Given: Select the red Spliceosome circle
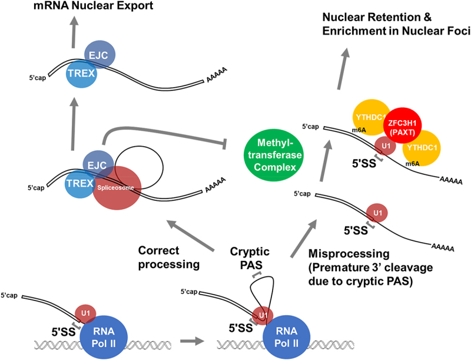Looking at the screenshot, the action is coord(117,188).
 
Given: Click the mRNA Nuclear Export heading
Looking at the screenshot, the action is coord(93,5).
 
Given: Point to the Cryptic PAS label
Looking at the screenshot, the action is coord(250,258).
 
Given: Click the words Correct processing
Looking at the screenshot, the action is coord(169,257).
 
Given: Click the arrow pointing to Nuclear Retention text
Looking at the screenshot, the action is coord(343,68).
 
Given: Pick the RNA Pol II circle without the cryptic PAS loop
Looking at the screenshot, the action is coord(104,336).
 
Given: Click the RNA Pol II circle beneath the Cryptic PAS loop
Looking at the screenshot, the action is coord(286,336).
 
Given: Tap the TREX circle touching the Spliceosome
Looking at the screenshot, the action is coord(80,183).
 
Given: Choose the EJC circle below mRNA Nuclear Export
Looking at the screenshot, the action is coord(99,55).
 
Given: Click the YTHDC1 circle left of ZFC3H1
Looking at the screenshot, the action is coord(372,117).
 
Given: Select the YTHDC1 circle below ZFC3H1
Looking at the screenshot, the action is coord(422,147).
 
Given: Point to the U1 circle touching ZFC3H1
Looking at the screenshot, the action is coord(386,146).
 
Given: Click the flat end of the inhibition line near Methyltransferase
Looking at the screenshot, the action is coord(224,144).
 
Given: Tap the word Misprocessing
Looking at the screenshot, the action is coord(349,253).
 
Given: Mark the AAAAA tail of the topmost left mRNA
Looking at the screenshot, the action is coord(216,75).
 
